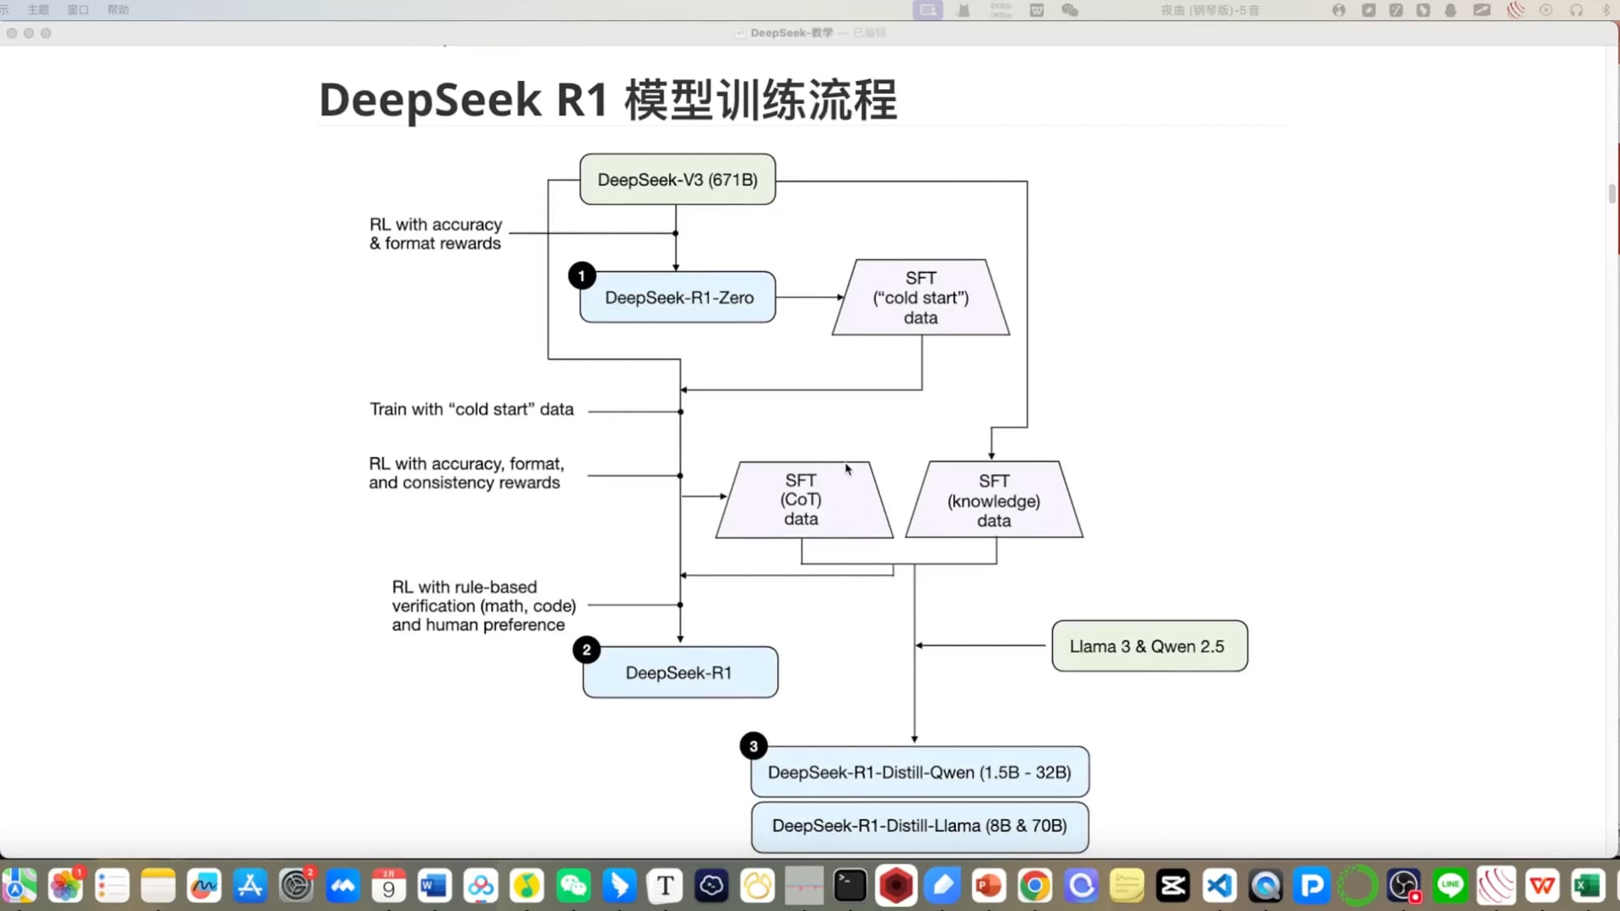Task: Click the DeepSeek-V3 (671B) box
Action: point(678,180)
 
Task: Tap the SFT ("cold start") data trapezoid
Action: point(921,298)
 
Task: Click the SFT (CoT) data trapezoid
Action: point(802,499)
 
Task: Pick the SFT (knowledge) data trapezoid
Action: point(994,500)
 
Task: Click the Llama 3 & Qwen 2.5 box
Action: point(1149,646)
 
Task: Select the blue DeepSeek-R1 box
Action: point(680,673)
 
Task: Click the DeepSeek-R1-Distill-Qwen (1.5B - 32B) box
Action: point(920,773)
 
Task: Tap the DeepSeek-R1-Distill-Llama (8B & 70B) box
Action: point(920,826)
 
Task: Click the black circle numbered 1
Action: point(581,276)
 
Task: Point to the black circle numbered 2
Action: point(586,650)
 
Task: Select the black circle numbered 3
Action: point(753,747)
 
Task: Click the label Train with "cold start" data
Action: point(472,409)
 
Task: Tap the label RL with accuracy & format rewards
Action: point(436,234)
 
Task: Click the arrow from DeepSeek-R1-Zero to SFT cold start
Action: point(808,297)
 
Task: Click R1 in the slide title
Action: point(582,100)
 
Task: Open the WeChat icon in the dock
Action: point(574,886)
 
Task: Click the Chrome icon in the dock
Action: point(1034,886)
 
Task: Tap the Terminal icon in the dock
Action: point(850,886)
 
